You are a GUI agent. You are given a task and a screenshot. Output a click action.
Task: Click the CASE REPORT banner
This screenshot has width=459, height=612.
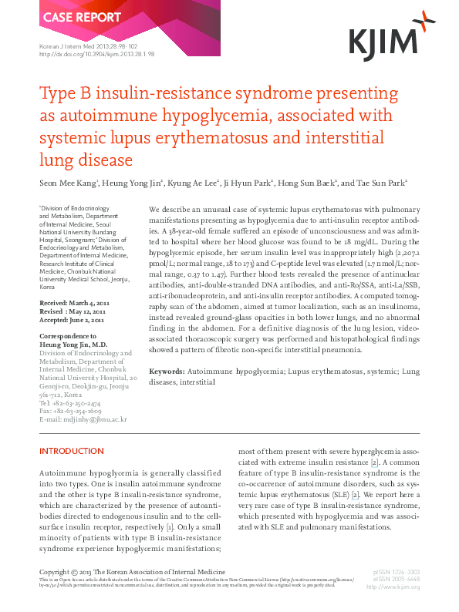click(71, 18)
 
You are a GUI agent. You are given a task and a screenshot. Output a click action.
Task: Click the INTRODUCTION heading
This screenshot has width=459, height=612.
click(71, 451)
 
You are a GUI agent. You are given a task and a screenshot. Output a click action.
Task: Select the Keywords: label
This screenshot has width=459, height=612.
click(166, 372)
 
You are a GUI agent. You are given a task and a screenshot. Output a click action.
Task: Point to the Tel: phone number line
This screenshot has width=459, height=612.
click(69, 403)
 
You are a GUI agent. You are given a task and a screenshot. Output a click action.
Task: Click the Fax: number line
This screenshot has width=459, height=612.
click(69, 412)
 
